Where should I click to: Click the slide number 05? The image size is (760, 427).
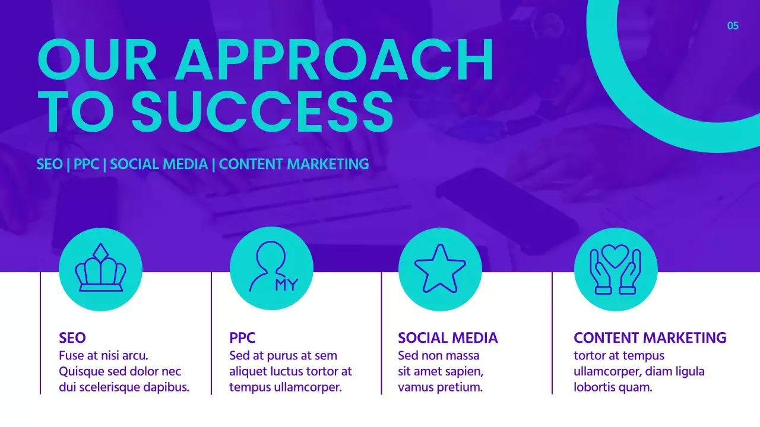pos(733,26)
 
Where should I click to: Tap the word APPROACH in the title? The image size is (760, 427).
pos(334,60)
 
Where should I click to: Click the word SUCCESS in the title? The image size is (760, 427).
pos(262,111)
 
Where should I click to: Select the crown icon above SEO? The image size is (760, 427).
pos(100,269)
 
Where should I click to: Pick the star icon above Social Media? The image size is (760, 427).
pos(440,269)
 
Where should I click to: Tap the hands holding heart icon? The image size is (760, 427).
pos(616,269)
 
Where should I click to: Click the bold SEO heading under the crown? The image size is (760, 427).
pos(72,338)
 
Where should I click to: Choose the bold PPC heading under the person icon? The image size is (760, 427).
pos(242,338)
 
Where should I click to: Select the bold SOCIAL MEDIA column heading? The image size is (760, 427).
pos(448,338)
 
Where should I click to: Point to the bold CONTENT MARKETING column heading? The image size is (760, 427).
pos(650,338)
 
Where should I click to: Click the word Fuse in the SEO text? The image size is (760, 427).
pos(71,356)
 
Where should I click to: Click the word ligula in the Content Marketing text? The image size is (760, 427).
pos(688,372)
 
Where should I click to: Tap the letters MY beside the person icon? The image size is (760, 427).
pos(286,285)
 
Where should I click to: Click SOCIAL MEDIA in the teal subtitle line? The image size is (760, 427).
pos(159,164)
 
